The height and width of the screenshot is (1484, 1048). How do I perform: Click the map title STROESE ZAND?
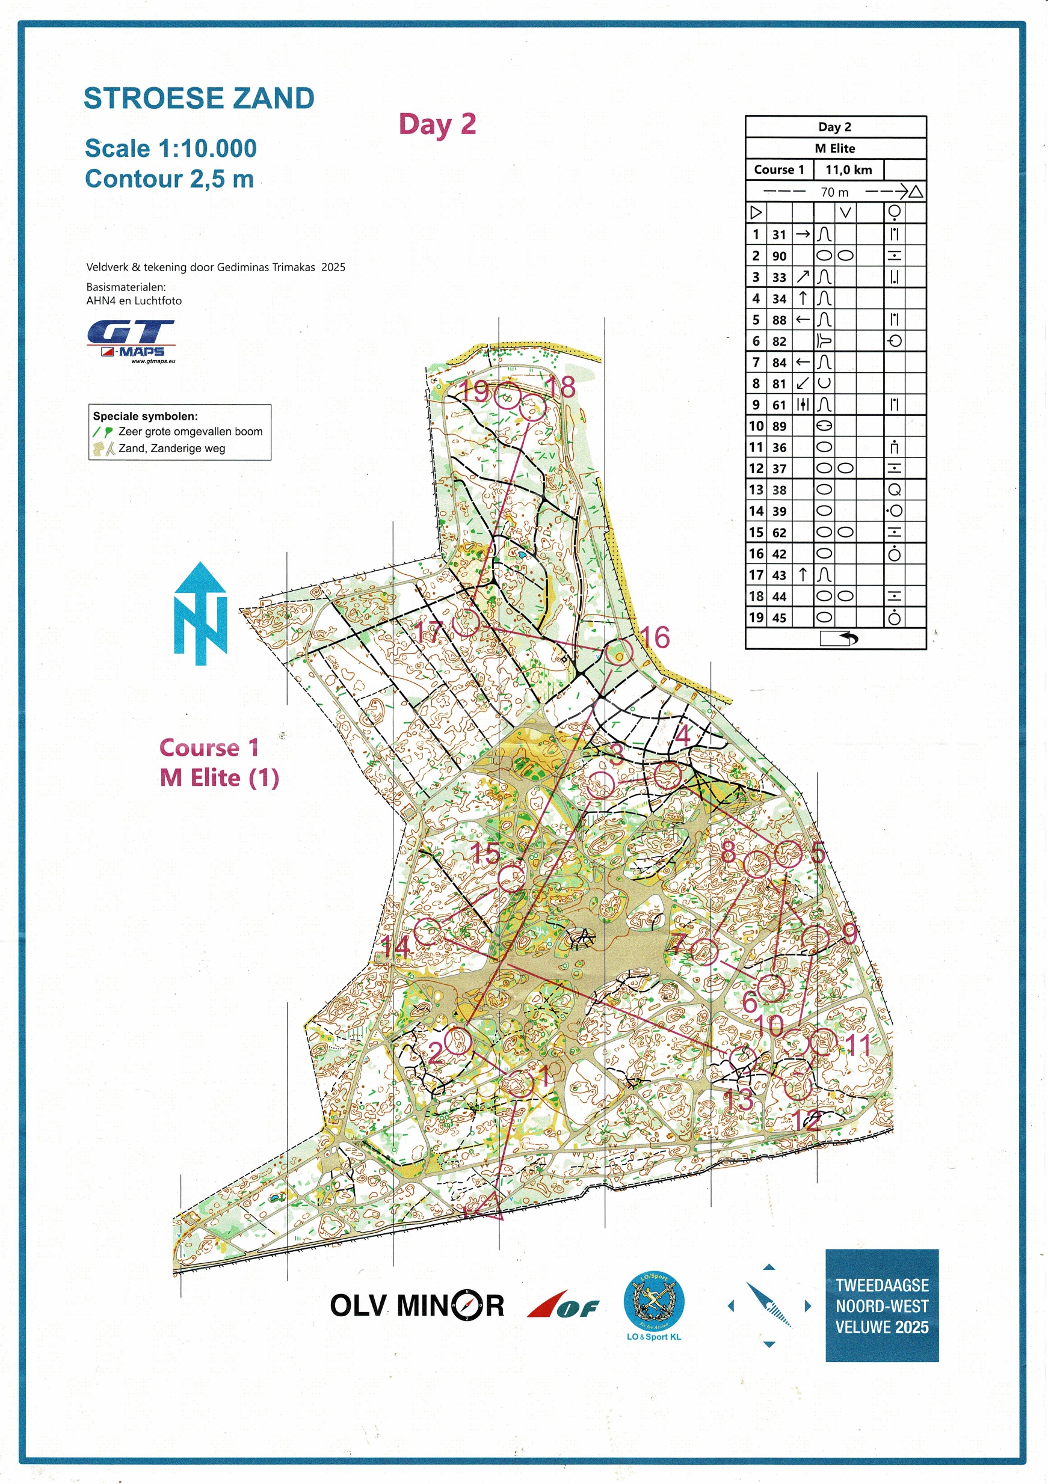tap(199, 99)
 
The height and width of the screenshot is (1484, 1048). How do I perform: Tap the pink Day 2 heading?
tap(437, 124)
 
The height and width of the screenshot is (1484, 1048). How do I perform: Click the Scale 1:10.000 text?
tap(171, 149)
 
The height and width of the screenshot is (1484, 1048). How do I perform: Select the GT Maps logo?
tap(131, 340)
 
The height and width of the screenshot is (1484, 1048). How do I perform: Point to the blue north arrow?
tap(200, 614)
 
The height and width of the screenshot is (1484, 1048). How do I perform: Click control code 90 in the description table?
tap(779, 256)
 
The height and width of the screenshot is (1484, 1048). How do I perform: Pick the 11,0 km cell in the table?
tap(848, 170)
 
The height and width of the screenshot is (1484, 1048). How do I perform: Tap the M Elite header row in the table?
tap(834, 149)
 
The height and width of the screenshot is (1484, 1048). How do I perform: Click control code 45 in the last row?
tap(779, 618)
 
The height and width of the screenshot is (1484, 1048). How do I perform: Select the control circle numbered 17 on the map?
tap(466, 623)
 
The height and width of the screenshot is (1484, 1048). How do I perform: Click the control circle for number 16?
tap(618, 652)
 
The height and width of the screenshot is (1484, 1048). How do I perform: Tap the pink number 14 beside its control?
tap(396, 948)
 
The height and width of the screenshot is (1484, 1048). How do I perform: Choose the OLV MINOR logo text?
tap(416, 1305)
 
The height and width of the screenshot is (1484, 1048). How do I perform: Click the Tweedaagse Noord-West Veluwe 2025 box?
tap(881, 1306)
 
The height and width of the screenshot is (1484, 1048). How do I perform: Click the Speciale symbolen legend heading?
tap(145, 416)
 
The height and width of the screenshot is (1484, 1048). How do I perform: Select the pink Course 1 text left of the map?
tap(209, 748)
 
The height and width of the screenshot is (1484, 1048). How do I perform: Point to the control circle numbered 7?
tap(704, 951)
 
